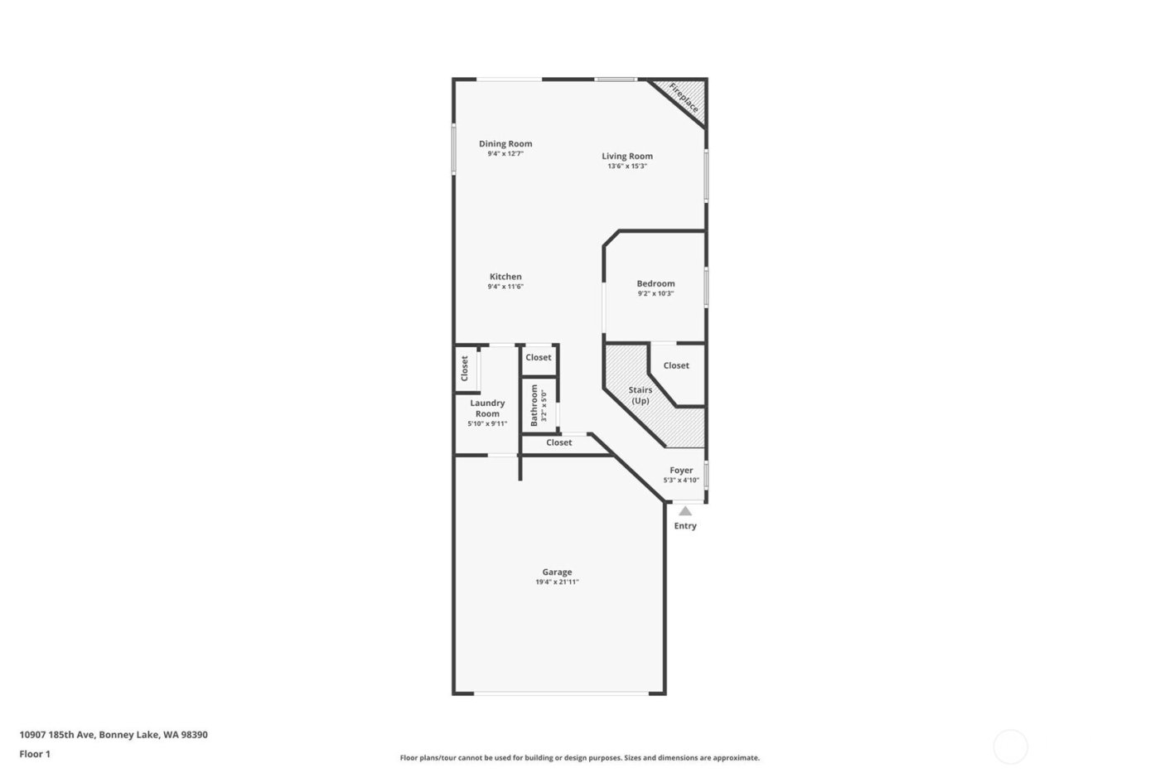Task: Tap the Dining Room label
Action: pyautogui.click(x=505, y=143)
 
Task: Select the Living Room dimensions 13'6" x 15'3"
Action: pyautogui.click(x=626, y=167)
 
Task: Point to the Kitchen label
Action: pyautogui.click(x=505, y=277)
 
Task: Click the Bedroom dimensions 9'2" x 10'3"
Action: pyautogui.click(x=655, y=293)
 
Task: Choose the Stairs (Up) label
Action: pyautogui.click(x=640, y=395)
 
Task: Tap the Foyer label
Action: pyautogui.click(x=681, y=470)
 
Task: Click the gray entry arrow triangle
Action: pyautogui.click(x=685, y=511)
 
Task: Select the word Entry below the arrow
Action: pyautogui.click(x=685, y=526)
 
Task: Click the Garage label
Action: pyautogui.click(x=557, y=572)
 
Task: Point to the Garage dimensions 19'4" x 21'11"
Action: pyautogui.click(x=557, y=582)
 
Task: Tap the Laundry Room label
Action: pyautogui.click(x=487, y=408)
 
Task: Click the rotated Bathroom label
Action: pyautogui.click(x=534, y=403)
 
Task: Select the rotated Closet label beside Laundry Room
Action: pyautogui.click(x=465, y=368)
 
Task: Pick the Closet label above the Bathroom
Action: pyautogui.click(x=538, y=357)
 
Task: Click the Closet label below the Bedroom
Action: pyautogui.click(x=676, y=365)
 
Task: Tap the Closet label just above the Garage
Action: pyautogui.click(x=558, y=442)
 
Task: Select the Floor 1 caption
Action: pyautogui.click(x=35, y=754)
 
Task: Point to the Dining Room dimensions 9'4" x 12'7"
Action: pyautogui.click(x=505, y=153)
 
